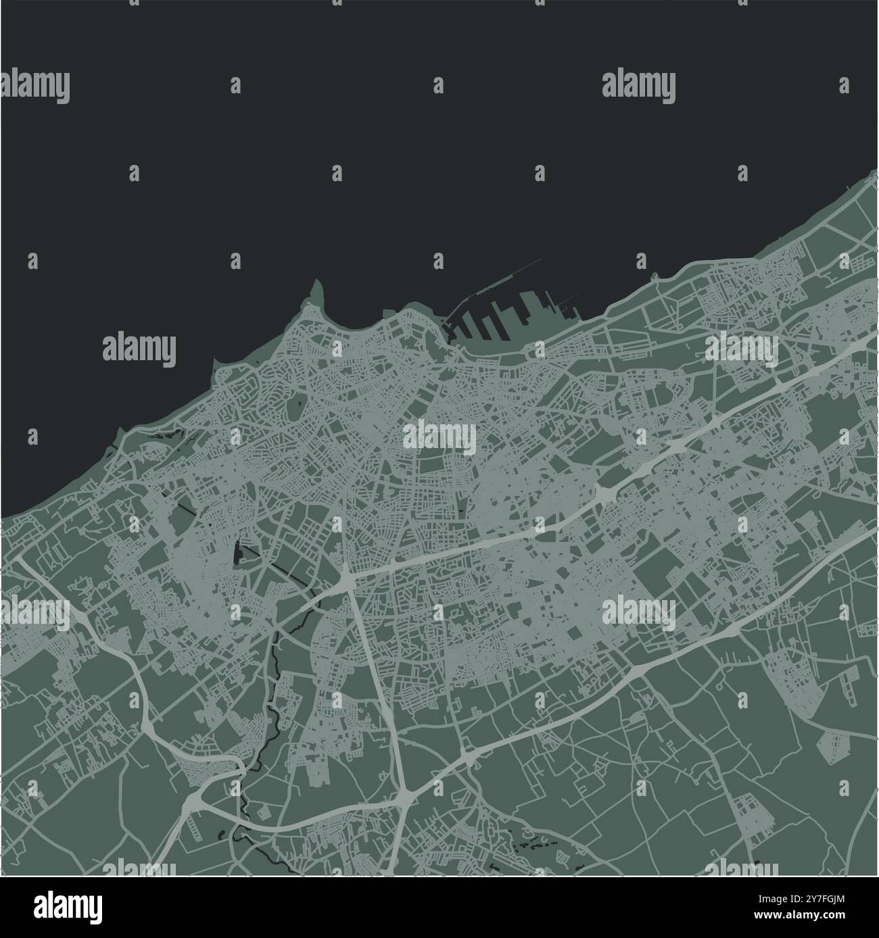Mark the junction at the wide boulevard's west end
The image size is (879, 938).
pos(346,578)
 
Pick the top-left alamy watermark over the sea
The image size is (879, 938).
pos(35,87)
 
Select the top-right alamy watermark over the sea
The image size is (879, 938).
pos(638,87)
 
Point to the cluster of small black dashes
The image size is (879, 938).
pos(534,841)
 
